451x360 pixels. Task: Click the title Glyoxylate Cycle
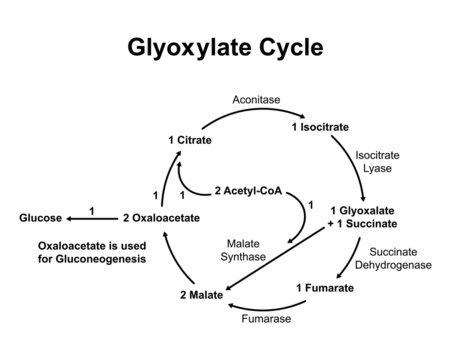224,47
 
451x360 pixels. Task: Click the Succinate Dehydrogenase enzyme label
400,259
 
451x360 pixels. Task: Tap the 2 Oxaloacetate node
161,217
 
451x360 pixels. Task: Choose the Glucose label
41,217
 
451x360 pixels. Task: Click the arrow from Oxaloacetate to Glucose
92,217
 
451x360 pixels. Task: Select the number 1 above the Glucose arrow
92,209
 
